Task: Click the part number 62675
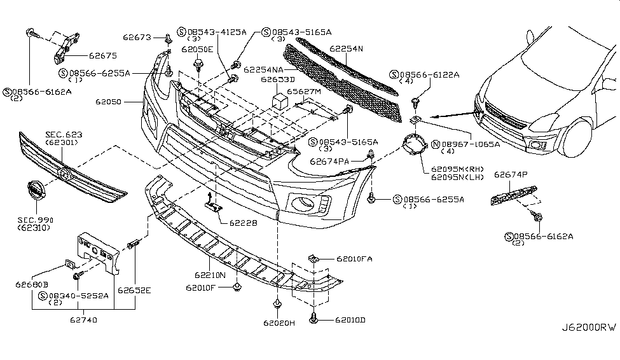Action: click(102, 56)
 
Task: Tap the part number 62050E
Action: click(197, 48)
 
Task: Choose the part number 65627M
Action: click(303, 92)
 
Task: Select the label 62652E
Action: click(137, 291)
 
